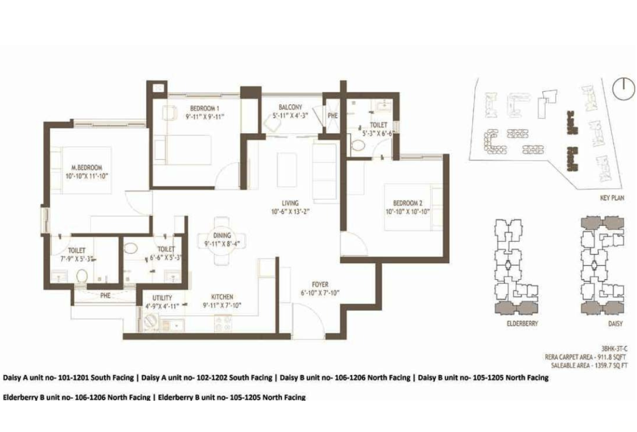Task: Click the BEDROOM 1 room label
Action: (205, 108)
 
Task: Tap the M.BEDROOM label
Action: (87, 167)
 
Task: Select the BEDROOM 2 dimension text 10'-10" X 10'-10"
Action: (408, 212)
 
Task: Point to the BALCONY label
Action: (290, 107)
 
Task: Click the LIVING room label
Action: (290, 203)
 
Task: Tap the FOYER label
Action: (320, 284)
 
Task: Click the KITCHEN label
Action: (222, 297)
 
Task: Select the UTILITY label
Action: (162, 298)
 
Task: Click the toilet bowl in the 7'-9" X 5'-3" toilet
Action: (82, 276)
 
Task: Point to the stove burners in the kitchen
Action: (223, 324)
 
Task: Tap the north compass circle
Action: (623, 88)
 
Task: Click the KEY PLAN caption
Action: (612, 198)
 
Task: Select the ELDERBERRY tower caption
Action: (523, 323)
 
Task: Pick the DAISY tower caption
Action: (615, 323)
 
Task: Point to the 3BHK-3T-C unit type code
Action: (614, 348)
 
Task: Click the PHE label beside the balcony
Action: (332, 116)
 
